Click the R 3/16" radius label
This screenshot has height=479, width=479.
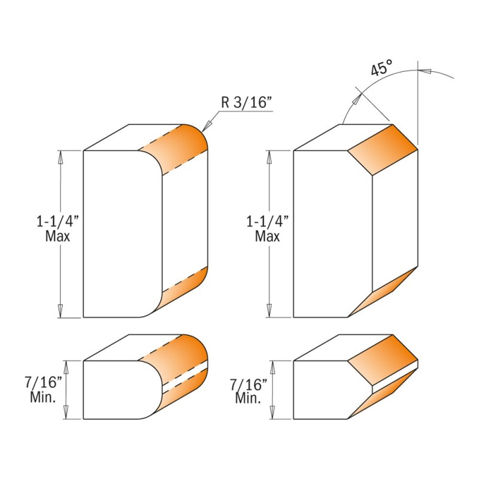[x=246, y=102]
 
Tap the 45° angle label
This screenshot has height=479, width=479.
[x=381, y=68]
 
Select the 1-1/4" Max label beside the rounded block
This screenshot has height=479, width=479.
[x=57, y=228]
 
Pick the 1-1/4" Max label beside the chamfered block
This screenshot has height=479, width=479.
[x=268, y=228]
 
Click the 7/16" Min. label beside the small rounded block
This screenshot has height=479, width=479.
[x=43, y=390]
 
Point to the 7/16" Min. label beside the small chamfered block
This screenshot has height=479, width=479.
[x=248, y=391]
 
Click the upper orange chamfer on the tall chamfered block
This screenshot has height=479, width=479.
[x=382, y=150]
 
